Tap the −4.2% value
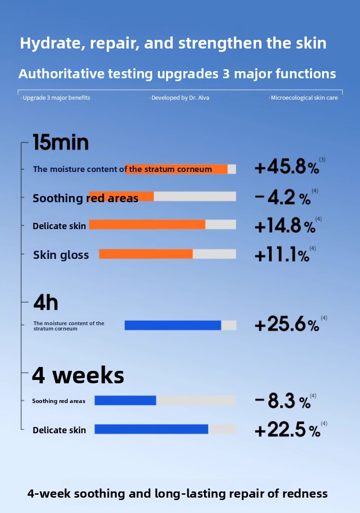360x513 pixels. click(283, 197)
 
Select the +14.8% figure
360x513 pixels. click(285, 226)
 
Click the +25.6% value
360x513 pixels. click(287, 325)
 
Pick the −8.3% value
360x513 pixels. click(283, 401)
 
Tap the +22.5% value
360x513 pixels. click(287, 430)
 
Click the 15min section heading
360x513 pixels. click(60, 143)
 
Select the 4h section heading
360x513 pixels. click(46, 303)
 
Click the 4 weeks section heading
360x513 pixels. click(78, 375)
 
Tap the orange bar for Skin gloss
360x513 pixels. click(146, 254)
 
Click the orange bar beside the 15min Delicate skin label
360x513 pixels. click(147, 225)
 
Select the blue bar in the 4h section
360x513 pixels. click(173, 325)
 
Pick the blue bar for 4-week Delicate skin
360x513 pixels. click(151, 429)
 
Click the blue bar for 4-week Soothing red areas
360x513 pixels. click(125, 401)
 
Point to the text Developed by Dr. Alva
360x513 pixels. click(180, 98)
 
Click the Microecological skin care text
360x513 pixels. click(304, 98)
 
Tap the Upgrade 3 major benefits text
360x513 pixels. click(56, 98)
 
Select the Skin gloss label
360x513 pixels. click(61, 255)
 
